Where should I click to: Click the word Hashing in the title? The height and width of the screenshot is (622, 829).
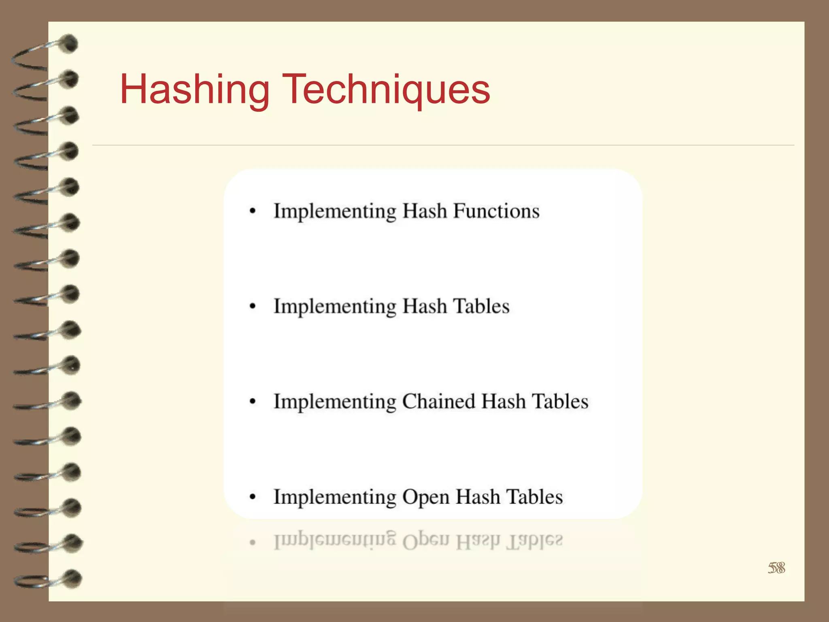pos(195,90)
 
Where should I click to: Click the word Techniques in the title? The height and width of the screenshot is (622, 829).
pos(388,90)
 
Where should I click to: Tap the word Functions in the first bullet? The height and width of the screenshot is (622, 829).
pos(496,211)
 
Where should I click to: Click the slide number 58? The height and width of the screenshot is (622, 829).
pos(776,568)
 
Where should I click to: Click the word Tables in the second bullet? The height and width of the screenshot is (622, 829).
pos(481,306)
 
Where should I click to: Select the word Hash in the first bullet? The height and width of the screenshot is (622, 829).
pos(425,211)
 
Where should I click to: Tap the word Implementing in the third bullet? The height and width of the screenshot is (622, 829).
pos(335,402)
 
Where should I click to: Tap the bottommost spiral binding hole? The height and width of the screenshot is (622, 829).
pos(73,579)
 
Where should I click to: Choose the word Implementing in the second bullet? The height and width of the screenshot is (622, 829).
pos(335,307)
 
